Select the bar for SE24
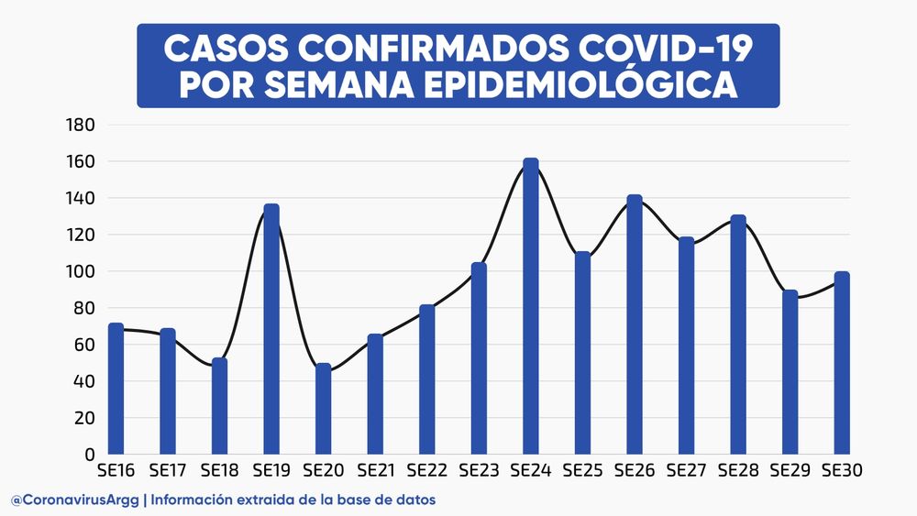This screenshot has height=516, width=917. coord(531,307)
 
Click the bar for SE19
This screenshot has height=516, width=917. coord(271,330)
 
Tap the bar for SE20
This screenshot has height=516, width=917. coord(323,410)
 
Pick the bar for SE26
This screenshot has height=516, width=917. coord(635,325)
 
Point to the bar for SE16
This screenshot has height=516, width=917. coord(116,390)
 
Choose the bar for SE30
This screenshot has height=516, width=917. coord(842,364)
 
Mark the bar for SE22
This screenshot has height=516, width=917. coord(427,380)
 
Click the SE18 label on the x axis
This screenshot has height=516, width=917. coord(219,471)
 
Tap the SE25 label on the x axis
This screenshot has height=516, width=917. coord(582,471)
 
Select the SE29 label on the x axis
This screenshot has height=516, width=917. coord(790,471)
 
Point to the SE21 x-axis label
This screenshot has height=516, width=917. coord(375,471)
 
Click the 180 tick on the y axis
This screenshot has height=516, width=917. coord(81,125)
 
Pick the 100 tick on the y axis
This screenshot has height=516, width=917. coord(81,271)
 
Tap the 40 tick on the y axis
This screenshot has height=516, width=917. coord(84,381)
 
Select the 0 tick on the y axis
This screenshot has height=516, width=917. coord(89,455)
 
